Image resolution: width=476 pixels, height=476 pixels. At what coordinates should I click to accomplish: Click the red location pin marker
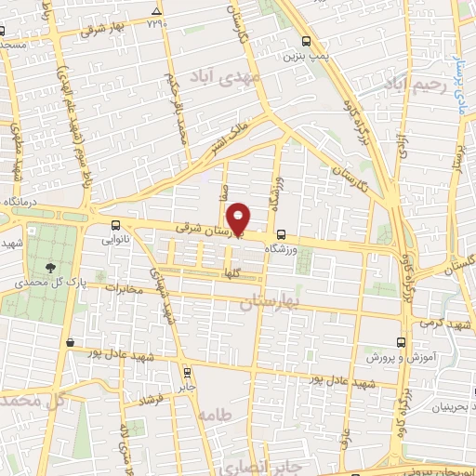click(x=239, y=218)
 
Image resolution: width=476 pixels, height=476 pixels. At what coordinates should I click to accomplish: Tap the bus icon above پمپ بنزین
click(x=307, y=40)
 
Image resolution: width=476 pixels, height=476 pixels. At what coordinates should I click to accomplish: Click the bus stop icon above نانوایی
click(x=115, y=224)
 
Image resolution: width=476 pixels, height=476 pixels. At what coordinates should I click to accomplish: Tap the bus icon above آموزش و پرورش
click(x=402, y=341)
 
